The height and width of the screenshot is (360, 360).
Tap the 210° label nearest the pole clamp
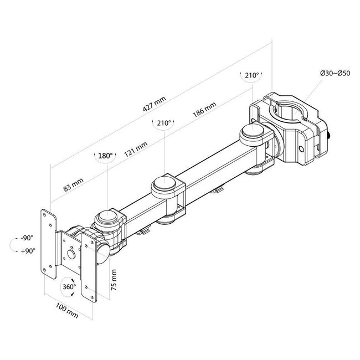click(x=251, y=75)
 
